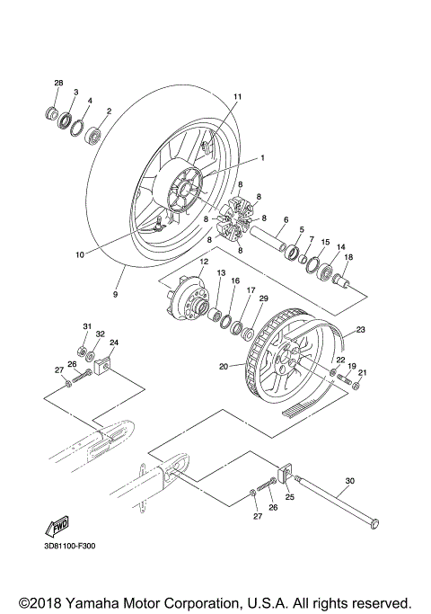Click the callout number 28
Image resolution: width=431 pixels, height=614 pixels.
point(58,84)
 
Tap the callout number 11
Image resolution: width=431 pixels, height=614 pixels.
point(238,96)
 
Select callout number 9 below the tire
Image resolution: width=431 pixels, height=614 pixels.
point(115,293)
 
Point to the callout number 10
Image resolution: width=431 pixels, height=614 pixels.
point(80,254)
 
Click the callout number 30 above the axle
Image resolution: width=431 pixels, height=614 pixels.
point(350,481)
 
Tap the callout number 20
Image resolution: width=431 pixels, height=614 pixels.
point(224,366)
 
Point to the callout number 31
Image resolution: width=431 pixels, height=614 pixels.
point(87,325)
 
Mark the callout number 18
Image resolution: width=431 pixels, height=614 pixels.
point(348,257)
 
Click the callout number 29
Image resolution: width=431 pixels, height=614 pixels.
point(263,298)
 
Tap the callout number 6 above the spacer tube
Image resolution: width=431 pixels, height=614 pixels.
point(286,219)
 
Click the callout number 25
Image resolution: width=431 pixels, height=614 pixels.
point(290,496)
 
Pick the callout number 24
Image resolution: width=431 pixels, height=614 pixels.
point(114,343)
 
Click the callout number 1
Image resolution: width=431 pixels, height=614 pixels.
point(263,157)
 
